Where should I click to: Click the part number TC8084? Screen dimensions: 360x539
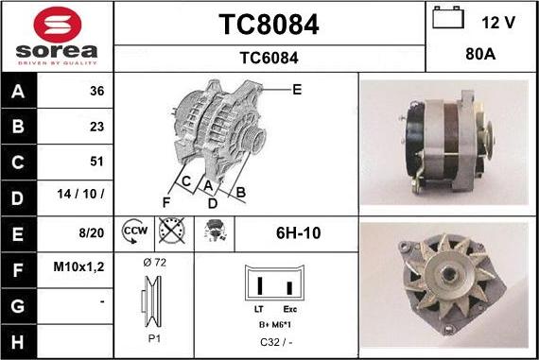[x=269, y=25]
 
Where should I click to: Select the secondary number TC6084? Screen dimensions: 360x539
[x=269, y=58]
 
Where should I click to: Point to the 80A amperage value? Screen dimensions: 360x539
[x=482, y=55]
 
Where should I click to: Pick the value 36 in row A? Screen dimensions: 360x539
[x=96, y=92]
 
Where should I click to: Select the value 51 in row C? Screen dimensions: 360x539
[x=96, y=162]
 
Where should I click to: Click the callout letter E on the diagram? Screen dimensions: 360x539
[x=297, y=90]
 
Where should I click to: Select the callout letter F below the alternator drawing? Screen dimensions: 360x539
[x=165, y=201]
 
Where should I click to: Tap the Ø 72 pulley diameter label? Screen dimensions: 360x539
[x=153, y=262]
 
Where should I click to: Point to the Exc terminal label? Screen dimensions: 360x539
[x=290, y=309]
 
